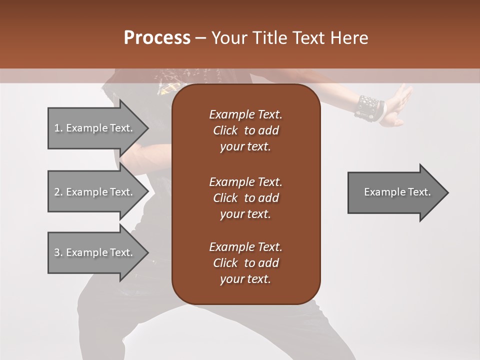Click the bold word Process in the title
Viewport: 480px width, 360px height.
157,38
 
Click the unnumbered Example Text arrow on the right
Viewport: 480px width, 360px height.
397,192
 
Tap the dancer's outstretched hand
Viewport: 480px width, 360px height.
400,105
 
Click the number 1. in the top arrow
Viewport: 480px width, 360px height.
58,128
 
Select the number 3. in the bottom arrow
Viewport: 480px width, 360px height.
58,252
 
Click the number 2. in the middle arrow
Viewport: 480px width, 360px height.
58,192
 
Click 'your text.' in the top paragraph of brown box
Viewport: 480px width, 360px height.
245,147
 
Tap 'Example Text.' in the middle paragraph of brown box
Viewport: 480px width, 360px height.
245,181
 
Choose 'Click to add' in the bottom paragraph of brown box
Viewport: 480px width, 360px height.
245,263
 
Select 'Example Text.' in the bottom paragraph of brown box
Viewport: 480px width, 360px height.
245,247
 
